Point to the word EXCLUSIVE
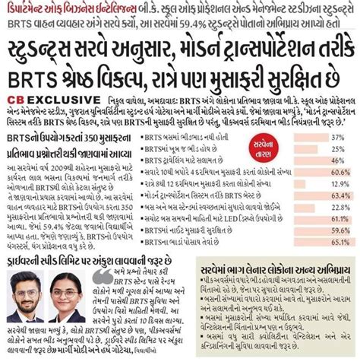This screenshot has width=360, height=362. tap(53, 99)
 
